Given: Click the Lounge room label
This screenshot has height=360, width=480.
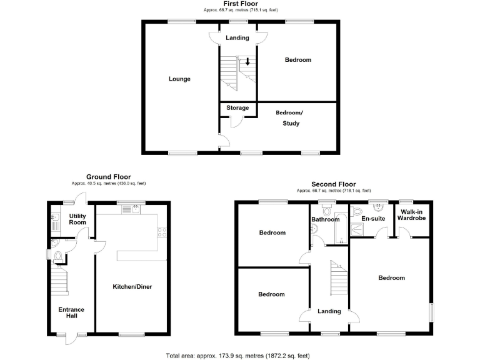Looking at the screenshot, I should [x=179, y=79].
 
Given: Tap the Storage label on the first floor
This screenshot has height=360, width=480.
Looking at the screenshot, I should [x=237, y=108].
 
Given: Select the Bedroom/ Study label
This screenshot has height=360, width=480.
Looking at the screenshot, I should [x=289, y=118].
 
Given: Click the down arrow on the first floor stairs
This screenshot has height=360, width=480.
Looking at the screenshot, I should [x=247, y=62].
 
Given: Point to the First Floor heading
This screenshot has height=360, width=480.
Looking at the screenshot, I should [x=241, y=4].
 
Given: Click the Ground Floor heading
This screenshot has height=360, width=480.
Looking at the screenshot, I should [x=109, y=177].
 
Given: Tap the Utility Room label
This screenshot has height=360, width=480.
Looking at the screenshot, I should [x=77, y=218].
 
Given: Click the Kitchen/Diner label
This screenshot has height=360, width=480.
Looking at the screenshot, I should [x=132, y=287].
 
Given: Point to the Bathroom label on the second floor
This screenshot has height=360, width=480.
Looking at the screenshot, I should [x=324, y=219].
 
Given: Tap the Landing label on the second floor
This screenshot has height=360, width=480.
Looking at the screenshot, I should [x=329, y=311].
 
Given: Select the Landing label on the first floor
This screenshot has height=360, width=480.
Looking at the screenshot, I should [x=237, y=38].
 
